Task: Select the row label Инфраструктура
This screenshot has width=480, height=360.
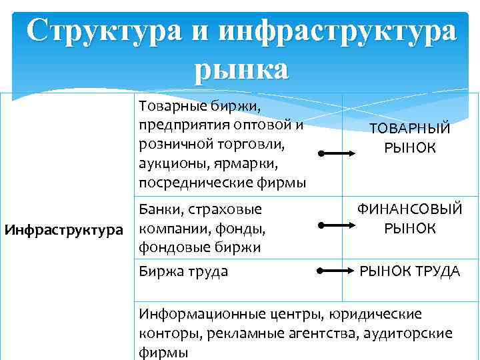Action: click(64, 231)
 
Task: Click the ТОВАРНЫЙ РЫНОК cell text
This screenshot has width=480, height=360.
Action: click(410, 138)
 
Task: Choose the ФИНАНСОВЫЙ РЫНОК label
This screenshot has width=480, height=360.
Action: click(410, 219)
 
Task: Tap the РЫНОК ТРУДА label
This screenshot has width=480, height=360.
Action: click(410, 271)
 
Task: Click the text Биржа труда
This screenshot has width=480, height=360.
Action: click(183, 271)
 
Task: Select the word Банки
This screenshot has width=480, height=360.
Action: click(160, 210)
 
